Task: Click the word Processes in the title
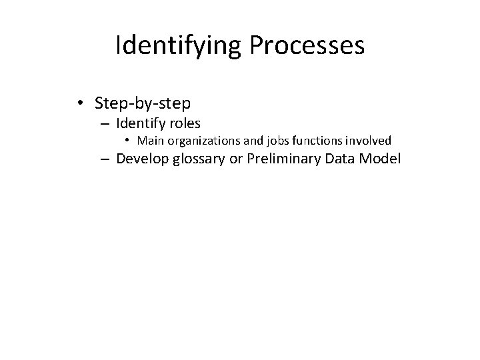pyautogui.click(x=309, y=46)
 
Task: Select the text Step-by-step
pyautogui.click(x=143, y=104)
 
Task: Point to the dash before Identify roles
pyautogui.click(x=105, y=123)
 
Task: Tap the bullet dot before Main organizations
pyautogui.click(x=128, y=141)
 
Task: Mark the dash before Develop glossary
pyautogui.click(x=105, y=159)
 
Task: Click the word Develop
pyautogui.click(x=143, y=159)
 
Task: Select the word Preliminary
pyautogui.click(x=283, y=159)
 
